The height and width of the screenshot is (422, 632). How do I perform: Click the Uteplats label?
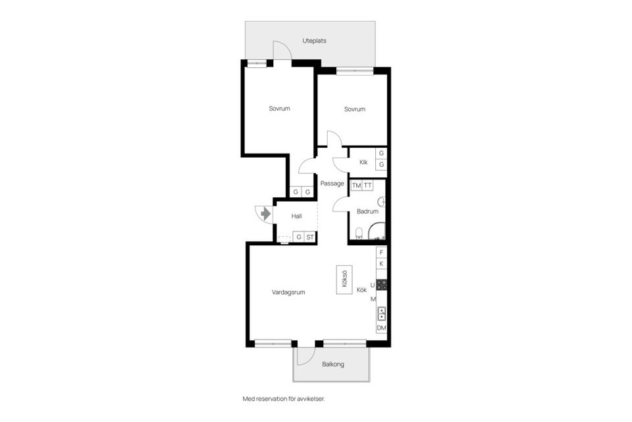coord(315,41)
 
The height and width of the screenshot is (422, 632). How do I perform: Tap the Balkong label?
coord(333,364)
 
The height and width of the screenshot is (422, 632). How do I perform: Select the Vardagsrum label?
coord(288,292)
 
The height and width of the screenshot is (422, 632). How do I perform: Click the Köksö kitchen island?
coord(344,280)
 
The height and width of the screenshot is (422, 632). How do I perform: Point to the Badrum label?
coord(367,211)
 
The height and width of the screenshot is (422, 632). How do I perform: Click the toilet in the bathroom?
coord(359,233)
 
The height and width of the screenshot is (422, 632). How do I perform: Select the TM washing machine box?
coord(356,185)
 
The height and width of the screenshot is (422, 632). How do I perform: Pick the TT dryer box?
coord(367,185)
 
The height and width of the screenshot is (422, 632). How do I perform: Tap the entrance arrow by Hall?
coord(265,213)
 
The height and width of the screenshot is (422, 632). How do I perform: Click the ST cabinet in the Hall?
coord(310,237)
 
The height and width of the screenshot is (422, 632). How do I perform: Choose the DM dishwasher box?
coord(381,328)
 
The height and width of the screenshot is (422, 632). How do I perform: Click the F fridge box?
coord(381,253)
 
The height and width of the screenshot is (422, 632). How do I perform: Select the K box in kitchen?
coord(381,264)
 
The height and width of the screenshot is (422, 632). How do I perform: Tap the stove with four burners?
coord(382,285)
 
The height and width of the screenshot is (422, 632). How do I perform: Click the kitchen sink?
coord(381,314)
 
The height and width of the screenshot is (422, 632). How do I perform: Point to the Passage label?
coord(332,183)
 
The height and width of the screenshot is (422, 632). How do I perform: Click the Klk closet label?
coord(363,162)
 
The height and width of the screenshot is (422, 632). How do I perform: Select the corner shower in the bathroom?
coord(377,231)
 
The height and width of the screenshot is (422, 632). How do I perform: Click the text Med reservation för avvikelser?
coord(283,399)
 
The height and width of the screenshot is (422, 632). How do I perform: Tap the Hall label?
coord(296,216)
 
